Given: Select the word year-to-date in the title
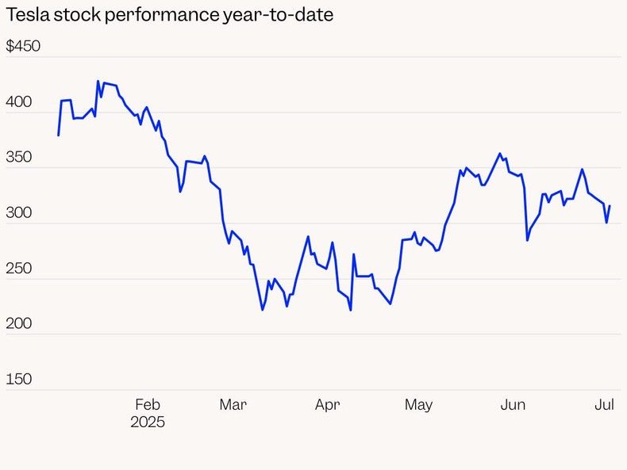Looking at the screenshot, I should (276, 15).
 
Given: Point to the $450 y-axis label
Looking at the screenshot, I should (23, 46).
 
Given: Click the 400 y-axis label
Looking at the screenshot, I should (19, 102).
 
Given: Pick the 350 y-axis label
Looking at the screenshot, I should (19, 157).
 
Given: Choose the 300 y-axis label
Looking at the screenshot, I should (19, 212).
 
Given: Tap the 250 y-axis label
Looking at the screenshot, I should (19, 268).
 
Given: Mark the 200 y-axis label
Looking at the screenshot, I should (19, 323).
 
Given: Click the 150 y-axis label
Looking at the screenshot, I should (19, 379).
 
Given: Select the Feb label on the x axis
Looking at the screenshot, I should (148, 404).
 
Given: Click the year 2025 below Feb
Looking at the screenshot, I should (148, 422).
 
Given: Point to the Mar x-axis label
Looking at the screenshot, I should (233, 404).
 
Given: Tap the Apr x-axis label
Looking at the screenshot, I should (327, 404).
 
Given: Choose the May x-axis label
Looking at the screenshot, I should (418, 404).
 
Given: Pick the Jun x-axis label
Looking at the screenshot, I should (513, 404).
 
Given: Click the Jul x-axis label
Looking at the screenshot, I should (605, 404).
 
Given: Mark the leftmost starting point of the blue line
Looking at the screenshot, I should (59, 135).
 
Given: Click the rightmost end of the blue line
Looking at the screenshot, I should (610, 206).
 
